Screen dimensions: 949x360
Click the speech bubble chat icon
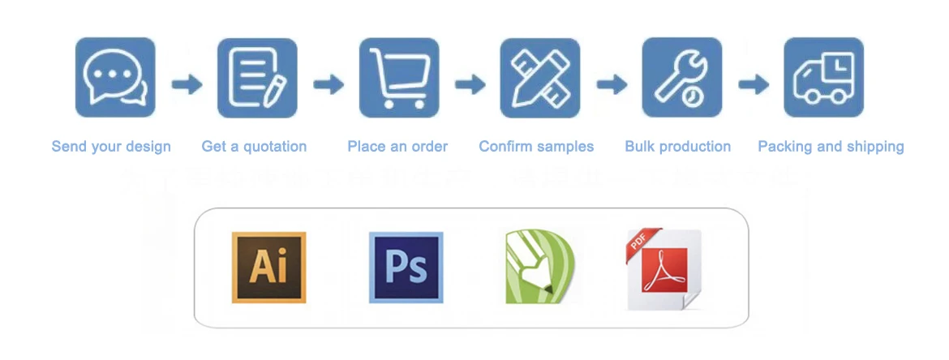115,78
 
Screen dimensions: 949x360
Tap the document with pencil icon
257,78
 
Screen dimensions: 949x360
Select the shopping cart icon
399,78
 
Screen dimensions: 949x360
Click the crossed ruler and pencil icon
540,78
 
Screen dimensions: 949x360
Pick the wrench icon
682,78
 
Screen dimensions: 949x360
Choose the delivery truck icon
823,78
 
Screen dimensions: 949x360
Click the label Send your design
111,147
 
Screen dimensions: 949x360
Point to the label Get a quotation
254,147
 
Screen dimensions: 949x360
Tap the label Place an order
397,147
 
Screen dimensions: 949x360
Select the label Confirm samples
536,147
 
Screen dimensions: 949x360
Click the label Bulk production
677,147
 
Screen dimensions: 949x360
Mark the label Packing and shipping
831,147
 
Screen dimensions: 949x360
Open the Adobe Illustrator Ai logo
268,268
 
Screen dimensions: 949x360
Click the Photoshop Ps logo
406,268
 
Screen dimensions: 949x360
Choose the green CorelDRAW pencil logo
539,267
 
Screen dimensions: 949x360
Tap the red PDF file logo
664,269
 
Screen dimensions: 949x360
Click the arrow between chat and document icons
187,84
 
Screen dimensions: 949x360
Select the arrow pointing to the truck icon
754,84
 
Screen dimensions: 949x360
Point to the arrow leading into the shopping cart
328,84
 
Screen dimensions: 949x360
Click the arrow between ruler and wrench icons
612,84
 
